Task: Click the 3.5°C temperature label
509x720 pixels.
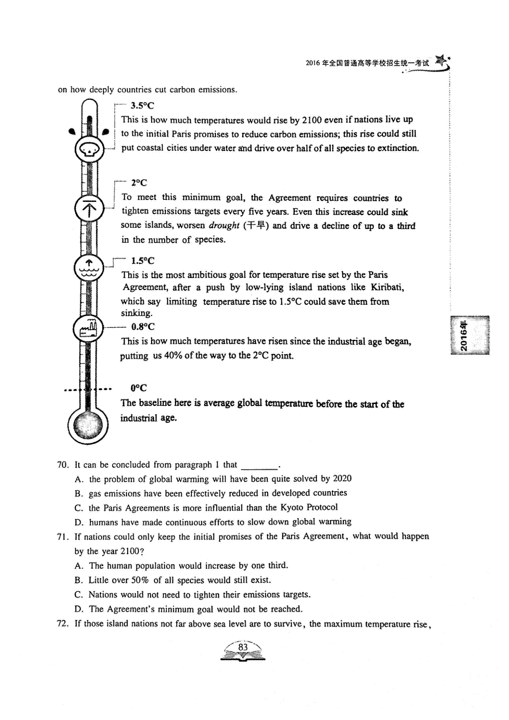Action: (x=142, y=106)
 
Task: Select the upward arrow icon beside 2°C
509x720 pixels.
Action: (x=89, y=209)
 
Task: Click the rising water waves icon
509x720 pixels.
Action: (x=89, y=268)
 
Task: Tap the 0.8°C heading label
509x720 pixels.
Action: (x=143, y=327)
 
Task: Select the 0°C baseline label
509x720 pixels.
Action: (x=139, y=388)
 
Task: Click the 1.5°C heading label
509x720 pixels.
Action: (x=143, y=261)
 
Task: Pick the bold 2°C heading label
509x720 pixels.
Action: (x=139, y=183)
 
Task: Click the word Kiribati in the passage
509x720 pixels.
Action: (x=387, y=287)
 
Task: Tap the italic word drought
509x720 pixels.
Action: (x=224, y=226)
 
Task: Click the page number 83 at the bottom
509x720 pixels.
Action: (x=243, y=647)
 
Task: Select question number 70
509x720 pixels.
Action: (x=63, y=465)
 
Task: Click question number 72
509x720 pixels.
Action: (x=63, y=624)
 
